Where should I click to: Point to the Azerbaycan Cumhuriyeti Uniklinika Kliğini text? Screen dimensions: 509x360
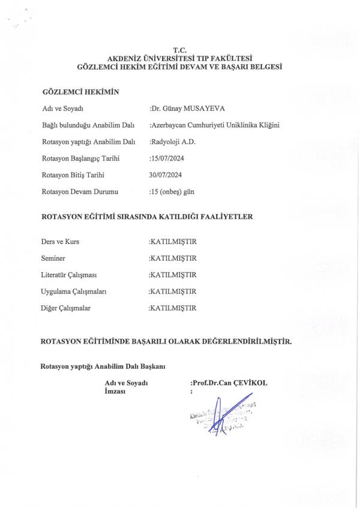coord(214,125)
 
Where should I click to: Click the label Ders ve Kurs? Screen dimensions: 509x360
coord(59,242)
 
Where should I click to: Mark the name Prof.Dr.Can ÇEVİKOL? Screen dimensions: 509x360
coord(229,382)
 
